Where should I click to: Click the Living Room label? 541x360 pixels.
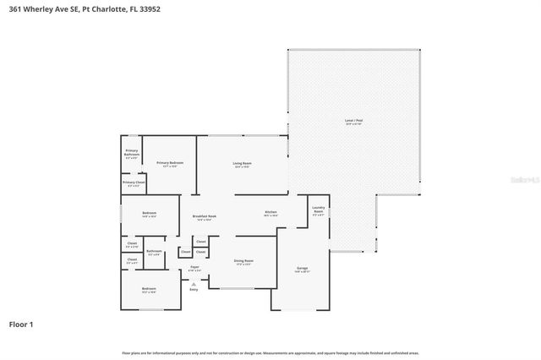click(243, 164)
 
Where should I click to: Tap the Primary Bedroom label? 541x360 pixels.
click(170, 163)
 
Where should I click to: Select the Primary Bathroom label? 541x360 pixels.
click(132, 153)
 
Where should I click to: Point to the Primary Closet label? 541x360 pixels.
click(134, 183)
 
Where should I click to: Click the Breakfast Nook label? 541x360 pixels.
click(205, 217)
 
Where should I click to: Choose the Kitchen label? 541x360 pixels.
click(271, 213)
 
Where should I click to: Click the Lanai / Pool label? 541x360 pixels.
click(353, 123)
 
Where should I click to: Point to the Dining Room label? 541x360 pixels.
click(243, 262)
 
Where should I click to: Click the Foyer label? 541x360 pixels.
click(194, 268)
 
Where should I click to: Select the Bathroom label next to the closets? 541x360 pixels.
click(154, 252)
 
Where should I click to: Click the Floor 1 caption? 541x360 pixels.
click(21, 324)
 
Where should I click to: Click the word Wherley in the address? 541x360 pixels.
click(41, 11)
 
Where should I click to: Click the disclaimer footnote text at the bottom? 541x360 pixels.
click(270, 352)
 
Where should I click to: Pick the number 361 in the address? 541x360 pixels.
click(14, 11)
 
